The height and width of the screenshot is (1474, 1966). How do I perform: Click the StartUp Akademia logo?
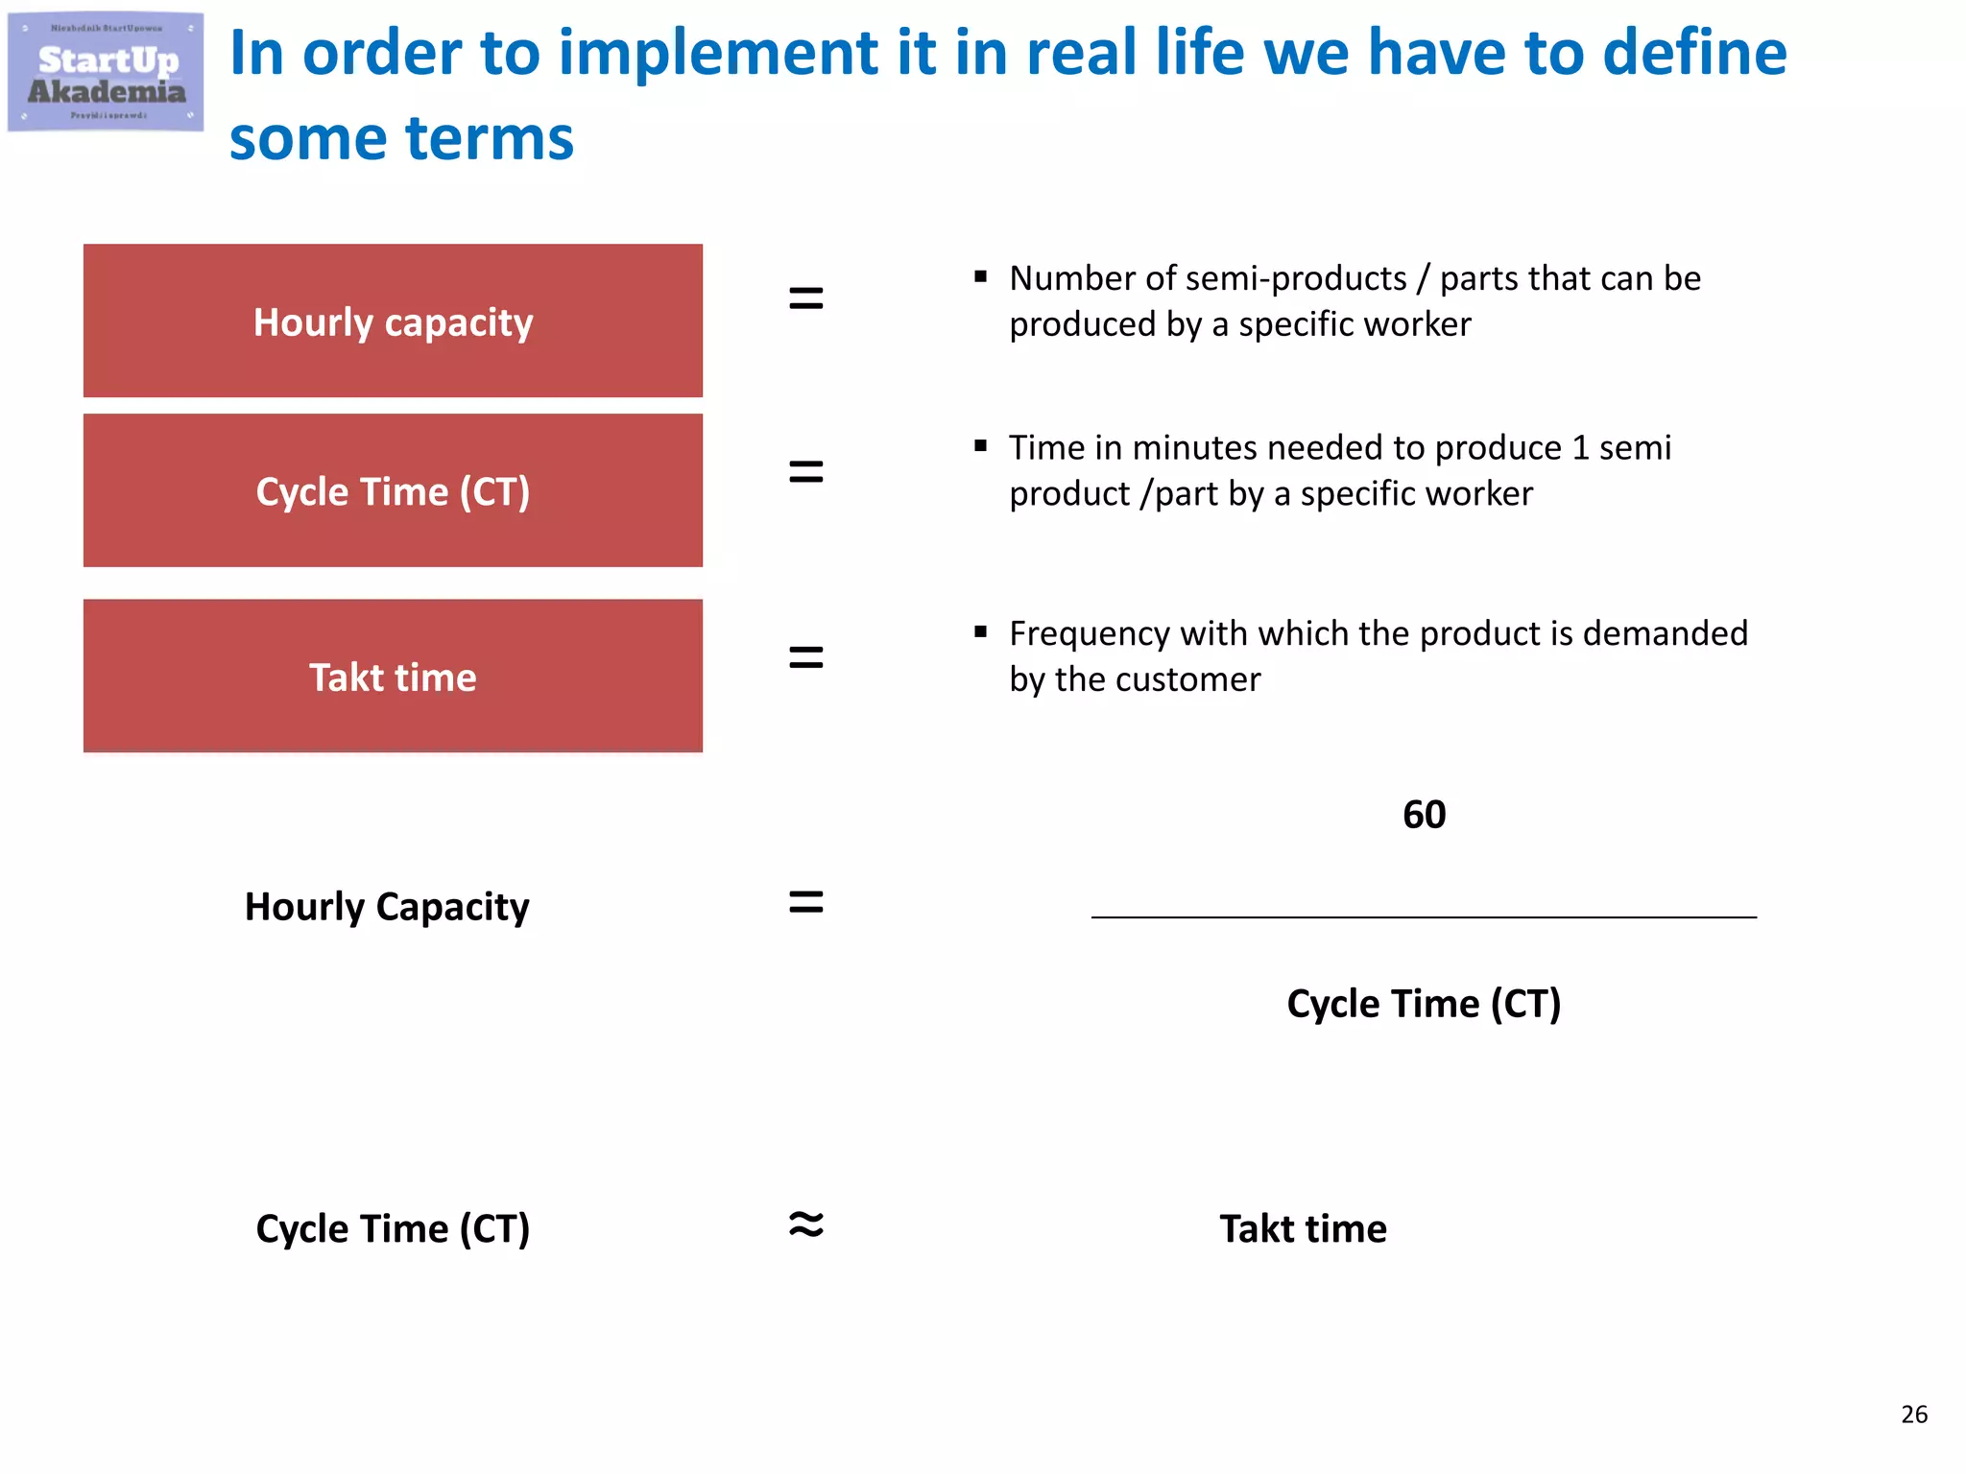click(x=106, y=72)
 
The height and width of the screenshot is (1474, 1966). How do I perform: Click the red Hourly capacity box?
click(x=393, y=321)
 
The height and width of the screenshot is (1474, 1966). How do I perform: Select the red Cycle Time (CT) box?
click(x=393, y=490)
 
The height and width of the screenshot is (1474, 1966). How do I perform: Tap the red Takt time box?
click(x=393, y=676)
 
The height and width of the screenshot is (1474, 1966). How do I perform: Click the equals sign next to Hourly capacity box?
click(x=805, y=298)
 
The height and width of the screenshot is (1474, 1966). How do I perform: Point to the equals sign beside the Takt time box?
click(x=805, y=657)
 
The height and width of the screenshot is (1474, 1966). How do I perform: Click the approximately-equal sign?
click(x=805, y=1224)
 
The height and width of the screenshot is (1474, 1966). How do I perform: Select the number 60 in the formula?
click(x=1424, y=815)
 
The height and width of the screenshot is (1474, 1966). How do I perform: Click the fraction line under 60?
click(x=1424, y=917)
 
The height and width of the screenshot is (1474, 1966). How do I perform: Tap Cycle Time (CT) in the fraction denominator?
click(x=1424, y=1004)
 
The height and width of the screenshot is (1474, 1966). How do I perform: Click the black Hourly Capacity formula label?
click(x=387, y=907)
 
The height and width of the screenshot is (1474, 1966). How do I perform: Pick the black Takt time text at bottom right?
click(x=1303, y=1228)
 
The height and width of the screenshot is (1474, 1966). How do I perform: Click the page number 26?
click(x=1913, y=1414)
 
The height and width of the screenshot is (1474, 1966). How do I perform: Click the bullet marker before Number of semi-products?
click(x=980, y=277)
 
